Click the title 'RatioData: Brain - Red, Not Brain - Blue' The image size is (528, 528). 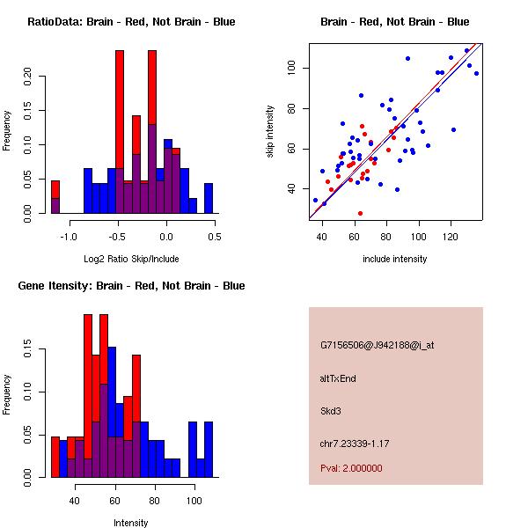[x=131, y=22]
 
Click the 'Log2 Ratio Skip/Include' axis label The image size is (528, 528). [x=131, y=259]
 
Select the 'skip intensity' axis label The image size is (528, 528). [x=271, y=132]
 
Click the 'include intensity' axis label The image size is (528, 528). [x=395, y=259]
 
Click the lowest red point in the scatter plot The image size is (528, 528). [x=360, y=213]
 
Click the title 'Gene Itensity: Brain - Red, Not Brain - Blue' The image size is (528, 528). [x=131, y=286]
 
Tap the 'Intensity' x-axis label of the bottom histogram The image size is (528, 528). [x=131, y=523]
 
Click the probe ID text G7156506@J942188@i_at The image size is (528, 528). [x=377, y=345]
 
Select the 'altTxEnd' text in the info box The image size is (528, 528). [x=337, y=378]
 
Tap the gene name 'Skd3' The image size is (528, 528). [x=331, y=410]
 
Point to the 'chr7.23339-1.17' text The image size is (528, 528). [x=354, y=443]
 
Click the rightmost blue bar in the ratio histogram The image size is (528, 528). [x=209, y=198]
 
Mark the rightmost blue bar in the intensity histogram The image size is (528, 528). [x=209, y=450]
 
